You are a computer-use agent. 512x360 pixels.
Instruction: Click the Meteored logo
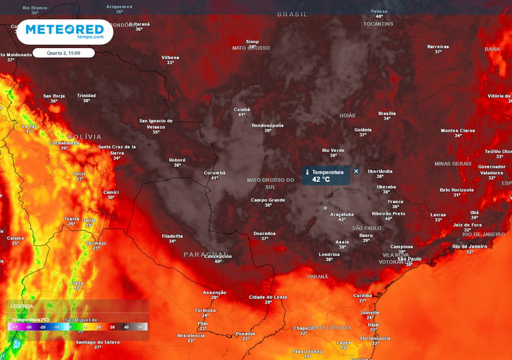(x=64, y=31)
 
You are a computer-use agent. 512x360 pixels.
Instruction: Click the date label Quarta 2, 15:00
(x=63, y=53)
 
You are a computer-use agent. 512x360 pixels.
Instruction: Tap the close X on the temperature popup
(x=356, y=171)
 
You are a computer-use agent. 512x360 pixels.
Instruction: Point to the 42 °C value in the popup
(x=321, y=179)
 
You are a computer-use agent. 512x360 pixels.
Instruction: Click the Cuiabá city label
(x=241, y=109)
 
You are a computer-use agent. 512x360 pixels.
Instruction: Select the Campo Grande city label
(x=268, y=200)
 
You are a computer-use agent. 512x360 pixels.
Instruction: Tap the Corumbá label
(x=215, y=173)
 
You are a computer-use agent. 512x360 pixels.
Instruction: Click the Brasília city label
(x=387, y=113)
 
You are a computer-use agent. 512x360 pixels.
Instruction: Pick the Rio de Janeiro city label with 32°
(x=469, y=246)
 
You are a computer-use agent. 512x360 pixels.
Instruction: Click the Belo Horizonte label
(x=456, y=190)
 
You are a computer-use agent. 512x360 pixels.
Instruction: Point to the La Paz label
(x=29, y=126)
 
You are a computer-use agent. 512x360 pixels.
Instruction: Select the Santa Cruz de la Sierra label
(x=117, y=149)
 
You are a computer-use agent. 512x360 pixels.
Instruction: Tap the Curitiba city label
(x=363, y=295)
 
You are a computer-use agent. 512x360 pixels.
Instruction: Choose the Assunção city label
(x=214, y=292)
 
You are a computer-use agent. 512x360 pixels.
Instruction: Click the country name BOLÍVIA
(x=84, y=136)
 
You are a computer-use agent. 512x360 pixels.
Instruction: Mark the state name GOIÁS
(x=347, y=115)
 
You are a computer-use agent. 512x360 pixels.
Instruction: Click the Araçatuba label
(x=342, y=214)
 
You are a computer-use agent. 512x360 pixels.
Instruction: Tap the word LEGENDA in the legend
(x=22, y=306)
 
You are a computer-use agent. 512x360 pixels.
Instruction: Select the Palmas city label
(x=379, y=11)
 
